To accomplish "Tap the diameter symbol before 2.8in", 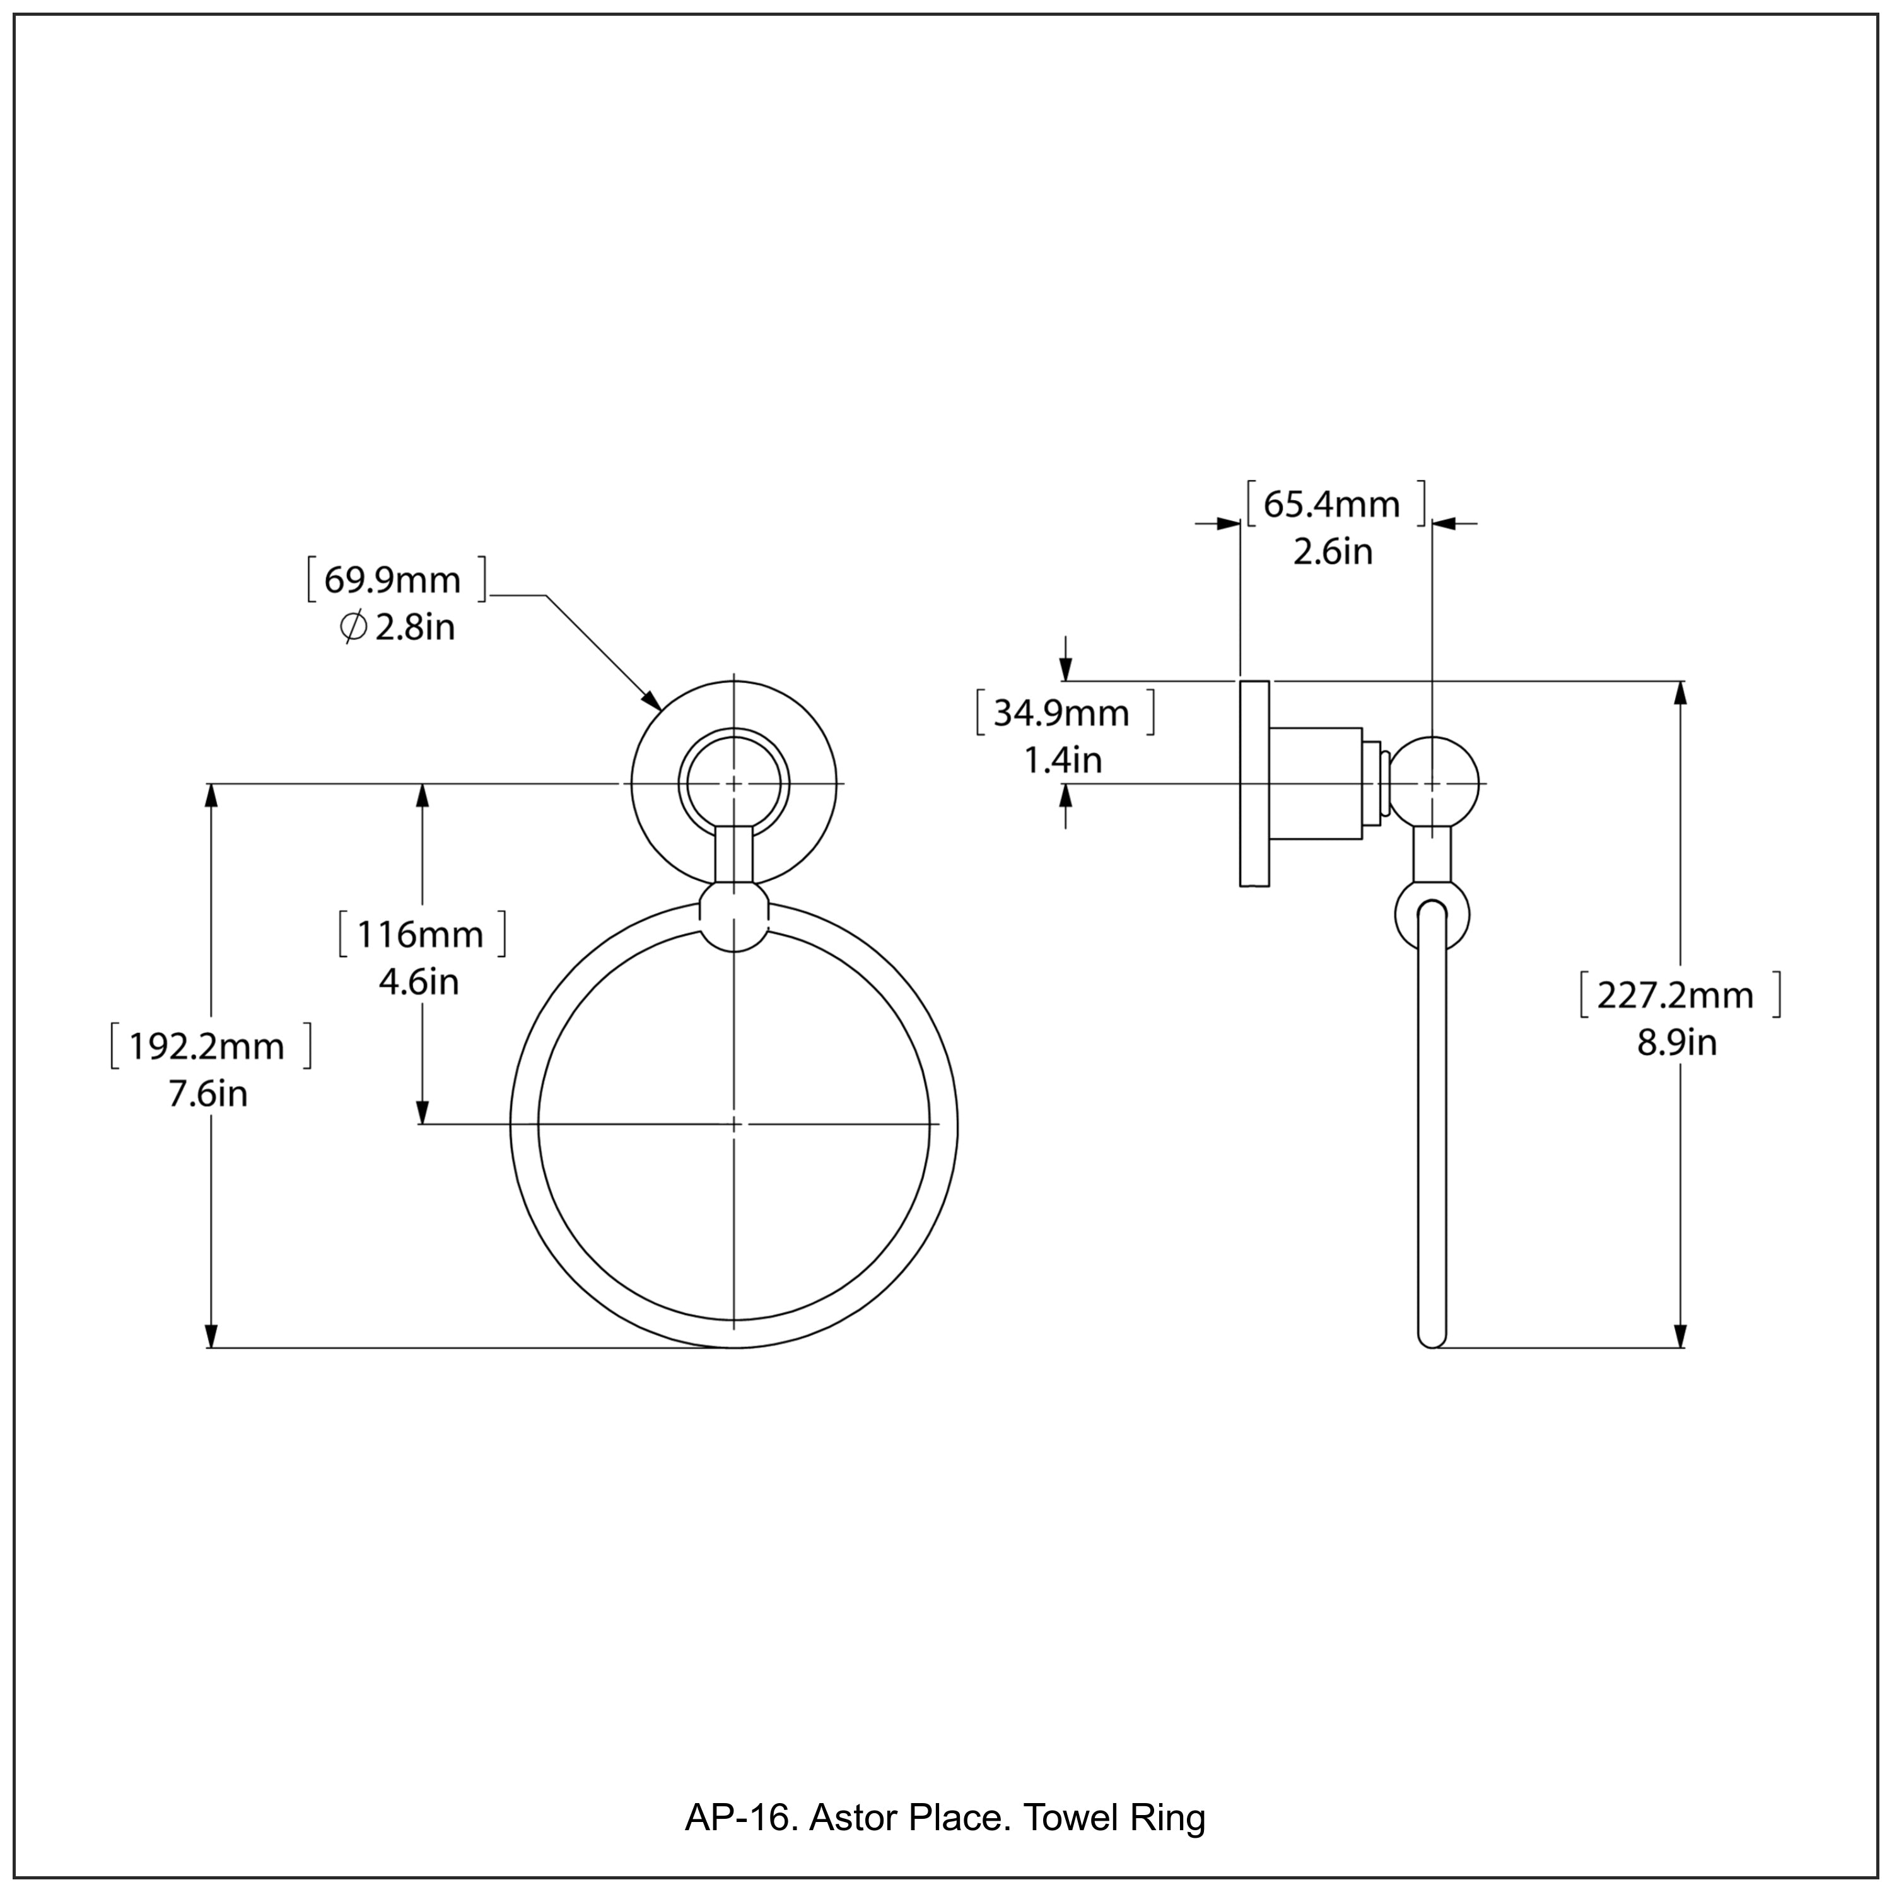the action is (354, 627).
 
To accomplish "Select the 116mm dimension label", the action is (420, 935).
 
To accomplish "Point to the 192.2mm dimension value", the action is (207, 1047).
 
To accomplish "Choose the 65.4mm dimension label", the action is (1332, 505).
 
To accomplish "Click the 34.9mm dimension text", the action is (1061, 713).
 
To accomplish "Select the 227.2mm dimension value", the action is (1676, 995).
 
